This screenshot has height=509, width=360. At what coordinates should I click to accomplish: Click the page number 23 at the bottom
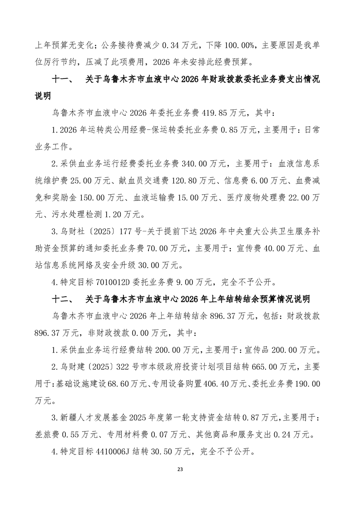pyautogui.click(x=180, y=469)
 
